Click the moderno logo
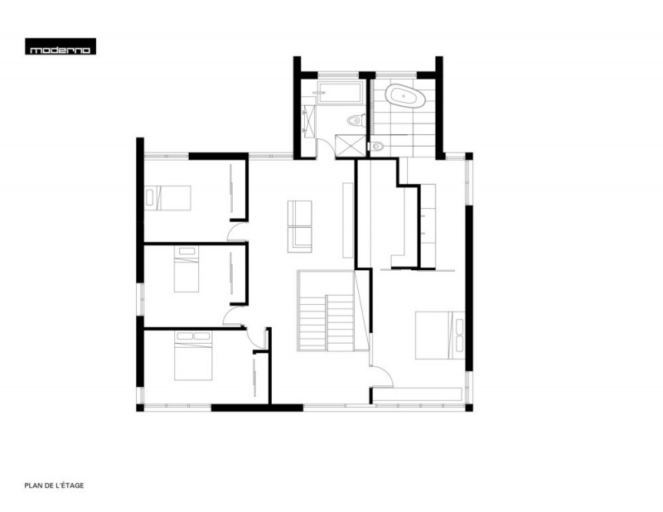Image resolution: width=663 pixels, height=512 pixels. pyautogui.click(x=60, y=46)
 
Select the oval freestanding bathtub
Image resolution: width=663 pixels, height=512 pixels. pyautogui.click(x=406, y=96)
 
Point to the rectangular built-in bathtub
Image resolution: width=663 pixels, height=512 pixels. pyautogui.click(x=340, y=93)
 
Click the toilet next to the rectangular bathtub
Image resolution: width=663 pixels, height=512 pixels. pyautogui.click(x=356, y=121)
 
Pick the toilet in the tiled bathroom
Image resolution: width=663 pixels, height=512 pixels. pyautogui.click(x=376, y=147)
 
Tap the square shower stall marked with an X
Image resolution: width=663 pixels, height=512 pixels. pyautogui.click(x=350, y=147)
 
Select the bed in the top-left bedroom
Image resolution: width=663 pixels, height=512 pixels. pyautogui.click(x=167, y=198)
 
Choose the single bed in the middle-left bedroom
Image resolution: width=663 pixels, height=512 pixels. pyautogui.click(x=186, y=269)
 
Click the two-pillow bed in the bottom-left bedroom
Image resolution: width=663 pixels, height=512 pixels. pyautogui.click(x=193, y=355)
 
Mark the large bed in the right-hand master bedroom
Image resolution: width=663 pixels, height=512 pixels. pyautogui.click(x=440, y=336)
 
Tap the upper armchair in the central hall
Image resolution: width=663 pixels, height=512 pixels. pyautogui.click(x=300, y=213)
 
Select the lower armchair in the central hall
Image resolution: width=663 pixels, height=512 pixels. pyautogui.click(x=300, y=239)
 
